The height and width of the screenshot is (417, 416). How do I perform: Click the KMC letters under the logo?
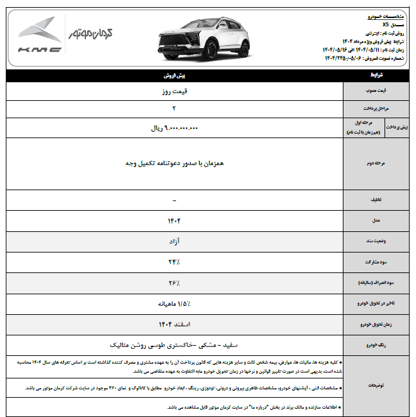pyautogui.click(x=40, y=49)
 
